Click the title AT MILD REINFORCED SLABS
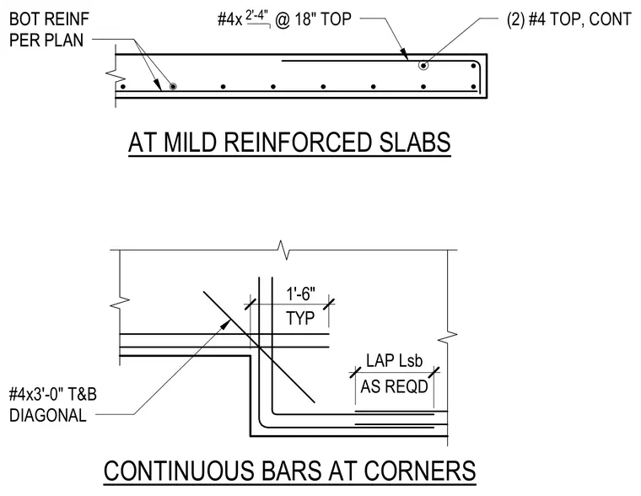(x=289, y=143)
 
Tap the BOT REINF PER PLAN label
(x=49, y=30)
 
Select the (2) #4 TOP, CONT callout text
(x=569, y=19)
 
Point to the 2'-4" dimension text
(x=256, y=15)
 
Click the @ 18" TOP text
(x=313, y=19)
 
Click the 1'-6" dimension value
(x=301, y=294)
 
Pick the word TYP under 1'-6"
(x=300, y=318)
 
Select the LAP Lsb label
(x=394, y=361)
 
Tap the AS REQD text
(x=394, y=386)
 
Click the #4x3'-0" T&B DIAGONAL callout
(x=53, y=405)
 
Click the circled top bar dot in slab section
(x=423, y=66)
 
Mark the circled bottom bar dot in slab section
(x=173, y=87)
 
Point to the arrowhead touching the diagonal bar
(x=226, y=325)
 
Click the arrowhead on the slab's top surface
(x=404, y=54)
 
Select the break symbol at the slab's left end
(x=115, y=76)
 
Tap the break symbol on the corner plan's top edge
(x=283, y=250)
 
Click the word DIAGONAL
(x=48, y=416)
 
